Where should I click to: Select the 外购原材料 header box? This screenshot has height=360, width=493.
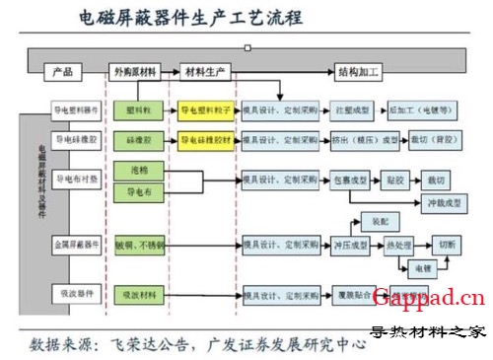pos(137,72)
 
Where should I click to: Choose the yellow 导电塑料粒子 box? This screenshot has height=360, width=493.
pos(205,111)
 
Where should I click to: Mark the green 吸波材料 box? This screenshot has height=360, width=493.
pos(137,294)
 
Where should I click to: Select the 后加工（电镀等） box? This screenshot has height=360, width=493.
pos(419,111)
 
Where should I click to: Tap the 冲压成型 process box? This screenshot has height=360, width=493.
pos(350,243)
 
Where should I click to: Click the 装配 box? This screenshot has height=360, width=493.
pos(380,220)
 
